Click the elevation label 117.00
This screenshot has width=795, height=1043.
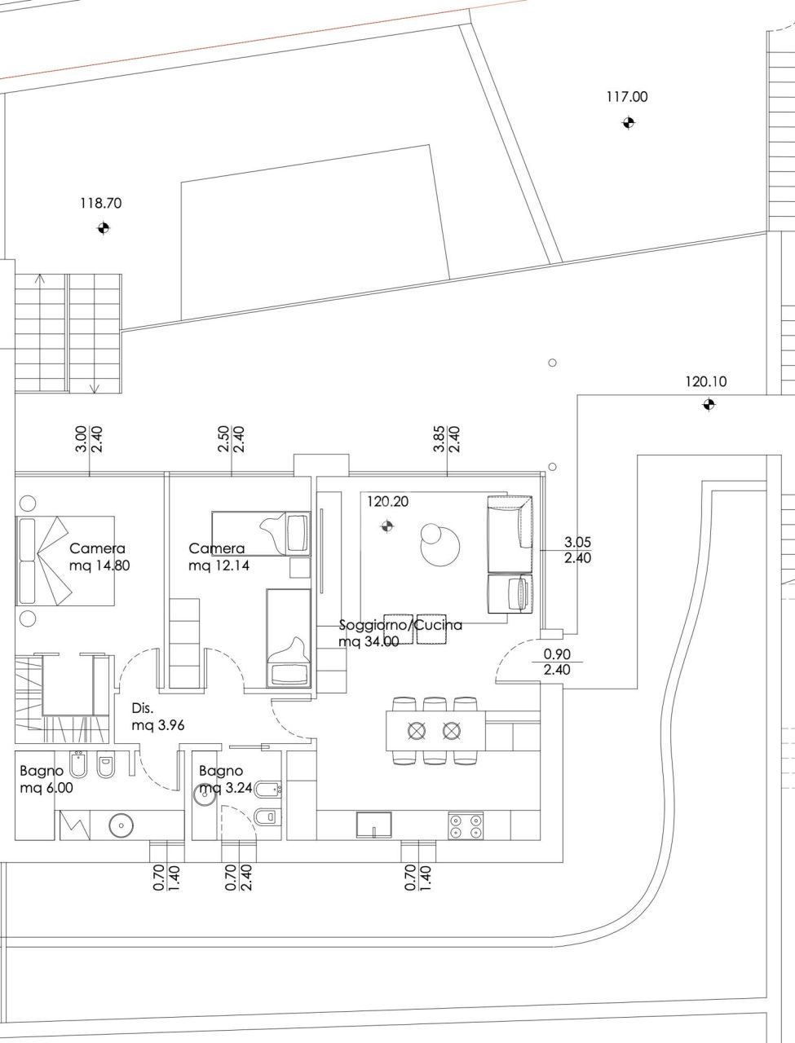626,96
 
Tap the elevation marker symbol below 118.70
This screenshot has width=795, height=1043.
102,228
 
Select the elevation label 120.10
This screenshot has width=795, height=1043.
705,381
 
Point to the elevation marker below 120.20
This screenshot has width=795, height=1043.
386,526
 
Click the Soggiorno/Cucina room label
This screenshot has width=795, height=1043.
400,625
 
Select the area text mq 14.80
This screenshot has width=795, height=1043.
99,565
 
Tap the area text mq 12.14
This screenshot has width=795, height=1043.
216,565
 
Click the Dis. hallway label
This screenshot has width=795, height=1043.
143,709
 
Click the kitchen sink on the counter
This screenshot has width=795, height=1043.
374,824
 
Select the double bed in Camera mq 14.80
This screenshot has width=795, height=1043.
65,560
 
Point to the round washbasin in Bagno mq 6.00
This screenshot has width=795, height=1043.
121,826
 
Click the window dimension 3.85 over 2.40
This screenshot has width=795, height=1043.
447,438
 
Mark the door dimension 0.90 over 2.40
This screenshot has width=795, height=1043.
557,662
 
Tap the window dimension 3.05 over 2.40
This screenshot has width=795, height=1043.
577,550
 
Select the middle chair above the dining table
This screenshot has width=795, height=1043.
432,705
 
